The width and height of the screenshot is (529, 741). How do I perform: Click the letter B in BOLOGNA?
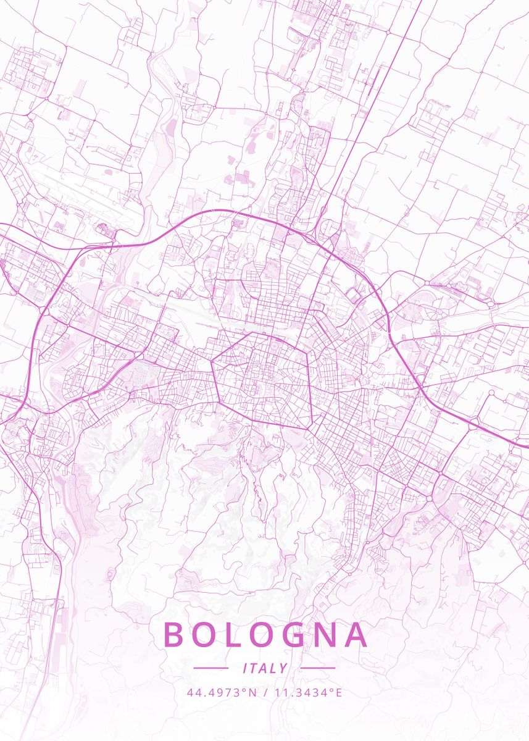174,635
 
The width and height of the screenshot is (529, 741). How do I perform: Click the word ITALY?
265,668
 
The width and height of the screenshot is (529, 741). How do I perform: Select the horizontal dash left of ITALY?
211,668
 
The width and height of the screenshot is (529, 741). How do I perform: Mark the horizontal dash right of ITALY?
318,668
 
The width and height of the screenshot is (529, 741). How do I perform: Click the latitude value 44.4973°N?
222,692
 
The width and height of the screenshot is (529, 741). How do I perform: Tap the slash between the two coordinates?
265,692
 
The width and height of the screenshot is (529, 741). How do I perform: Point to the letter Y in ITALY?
283,668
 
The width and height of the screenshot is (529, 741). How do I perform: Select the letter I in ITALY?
246,668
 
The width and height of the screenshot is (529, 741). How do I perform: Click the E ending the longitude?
338,692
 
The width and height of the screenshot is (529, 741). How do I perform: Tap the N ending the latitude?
252,692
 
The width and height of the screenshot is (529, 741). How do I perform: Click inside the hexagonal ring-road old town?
262,380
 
